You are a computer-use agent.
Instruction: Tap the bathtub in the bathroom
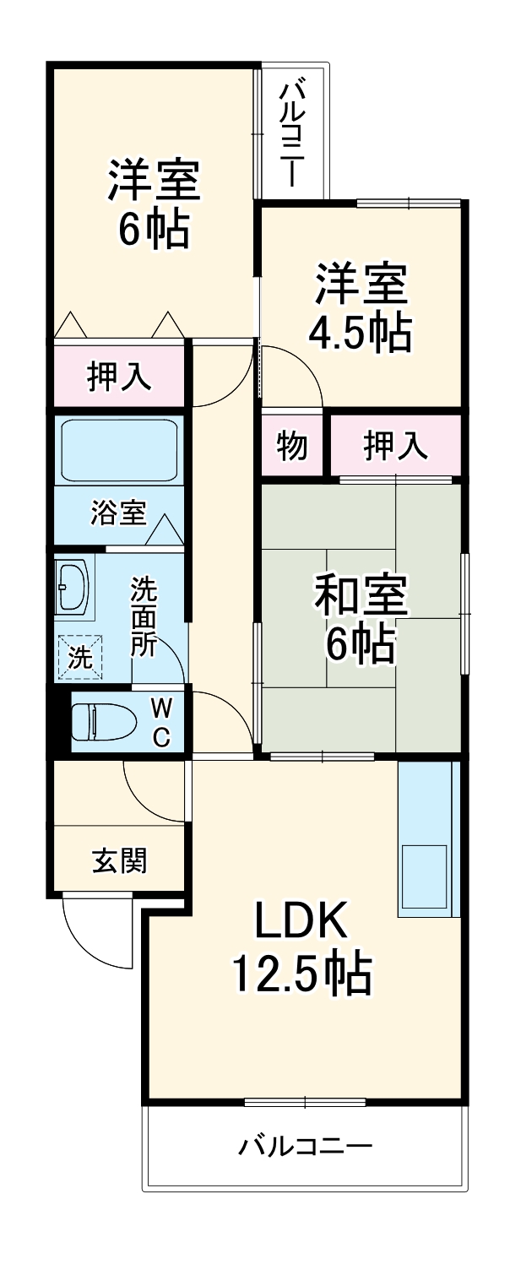[117, 450]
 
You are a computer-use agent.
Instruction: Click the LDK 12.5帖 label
[301, 949]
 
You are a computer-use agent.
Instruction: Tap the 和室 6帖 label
[361, 619]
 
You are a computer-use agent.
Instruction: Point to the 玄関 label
[120, 860]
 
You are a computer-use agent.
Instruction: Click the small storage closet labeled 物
[291, 445]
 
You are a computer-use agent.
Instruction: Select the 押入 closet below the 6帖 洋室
[120, 377]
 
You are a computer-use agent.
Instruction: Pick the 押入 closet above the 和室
[394, 445]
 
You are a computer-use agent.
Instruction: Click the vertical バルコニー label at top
[293, 132]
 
